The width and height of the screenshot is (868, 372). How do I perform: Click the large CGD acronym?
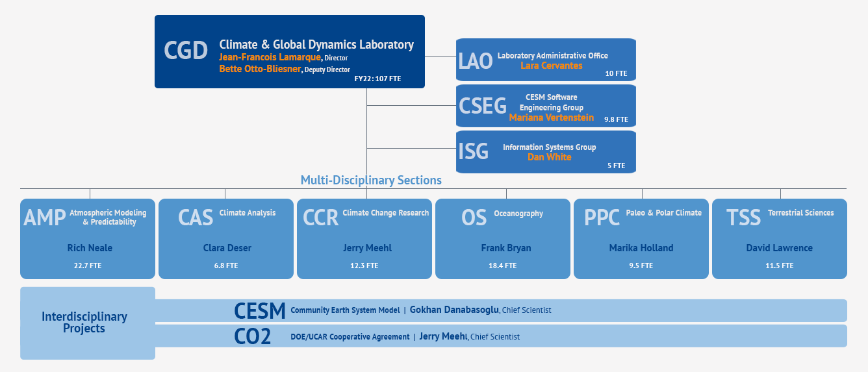[x=186, y=51]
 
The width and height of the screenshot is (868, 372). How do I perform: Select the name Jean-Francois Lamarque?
[x=270, y=57]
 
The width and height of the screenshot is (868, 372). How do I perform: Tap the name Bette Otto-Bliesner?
[x=260, y=69]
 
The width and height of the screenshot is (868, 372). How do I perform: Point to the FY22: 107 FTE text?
[x=378, y=79]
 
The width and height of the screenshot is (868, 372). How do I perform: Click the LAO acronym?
[x=475, y=61]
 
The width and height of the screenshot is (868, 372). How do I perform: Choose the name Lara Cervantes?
[x=552, y=66]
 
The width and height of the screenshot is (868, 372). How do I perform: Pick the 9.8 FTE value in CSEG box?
[x=616, y=119]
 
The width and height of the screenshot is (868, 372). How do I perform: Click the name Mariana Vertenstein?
[x=552, y=118]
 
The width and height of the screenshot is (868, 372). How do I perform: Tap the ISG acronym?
[x=473, y=151]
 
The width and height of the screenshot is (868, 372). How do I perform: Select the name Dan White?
[x=550, y=157]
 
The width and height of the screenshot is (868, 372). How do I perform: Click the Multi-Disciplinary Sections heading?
[x=371, y=180]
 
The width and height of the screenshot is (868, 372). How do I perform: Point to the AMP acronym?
[x=45, y=217]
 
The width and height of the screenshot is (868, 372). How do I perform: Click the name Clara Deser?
[x=227, y=248]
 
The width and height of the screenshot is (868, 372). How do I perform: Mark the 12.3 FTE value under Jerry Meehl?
[x=364, y=266]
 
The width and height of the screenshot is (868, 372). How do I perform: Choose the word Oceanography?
[x=518, y=214]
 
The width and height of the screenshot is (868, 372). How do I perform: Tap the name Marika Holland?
[x=641, y=248]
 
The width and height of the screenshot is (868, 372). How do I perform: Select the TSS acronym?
[x=743, y=217]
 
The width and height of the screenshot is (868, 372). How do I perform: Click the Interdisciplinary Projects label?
[x=84, y=323]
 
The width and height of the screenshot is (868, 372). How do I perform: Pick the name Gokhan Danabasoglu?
[x=454, y=310]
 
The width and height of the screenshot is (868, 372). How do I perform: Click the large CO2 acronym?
[x=252, y=336]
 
